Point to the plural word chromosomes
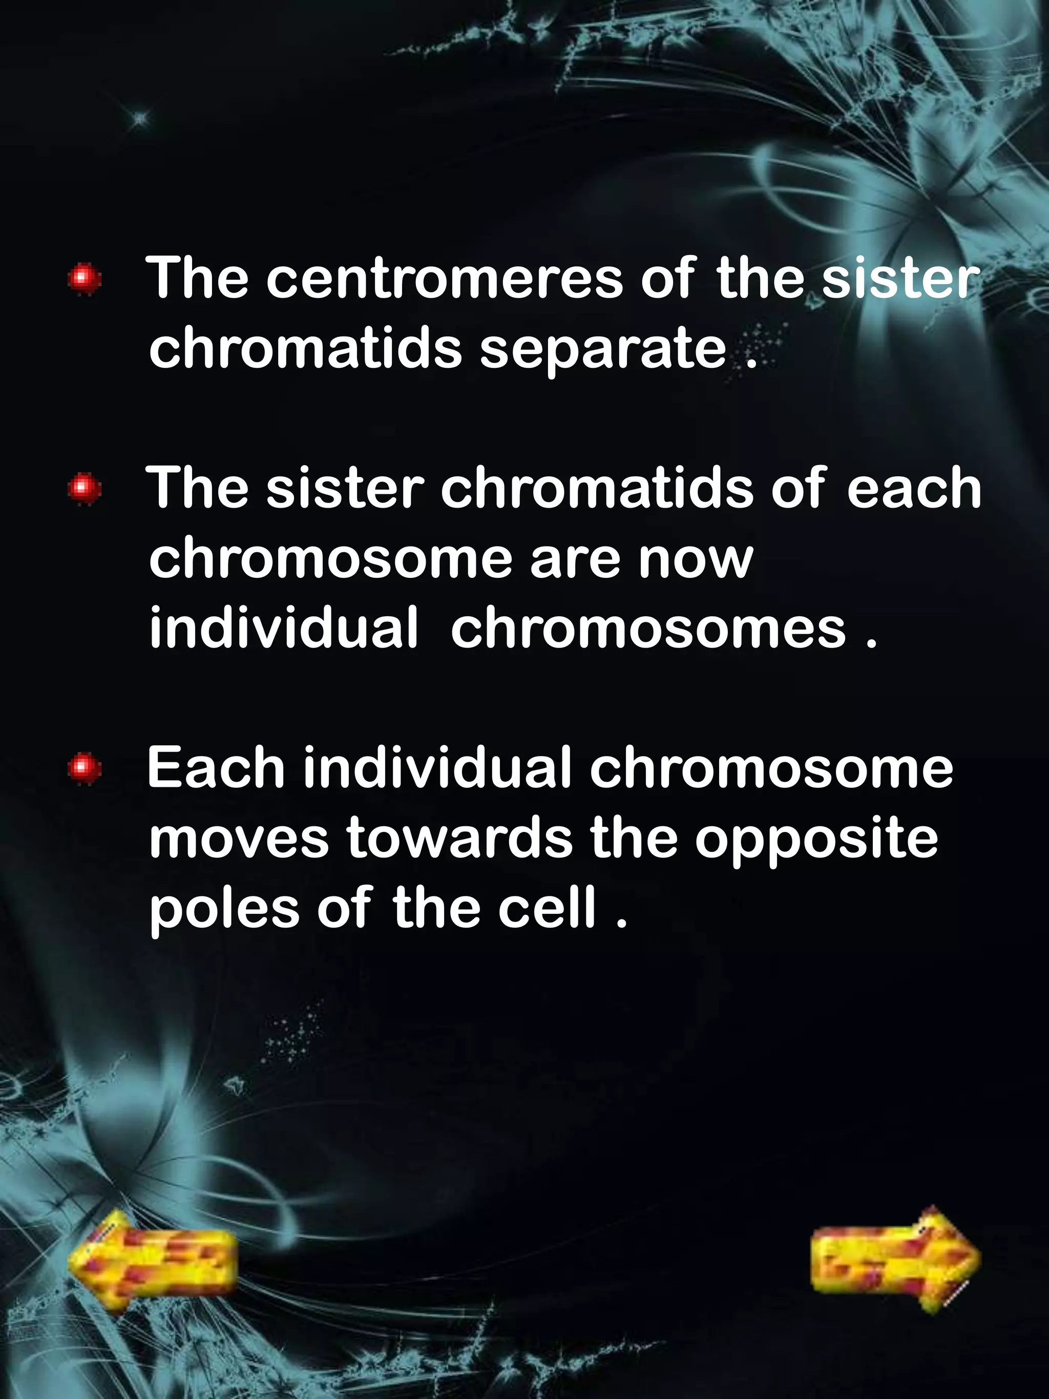point(647,628)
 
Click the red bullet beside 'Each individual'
point(85,768)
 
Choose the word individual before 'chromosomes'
point(283,628)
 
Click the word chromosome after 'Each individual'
point(771,768)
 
